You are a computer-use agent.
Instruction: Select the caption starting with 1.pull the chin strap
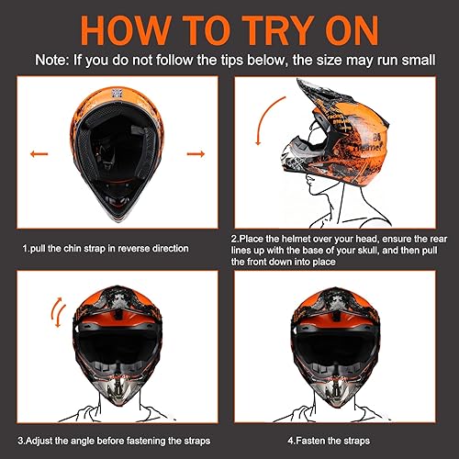tap(106, 248)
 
